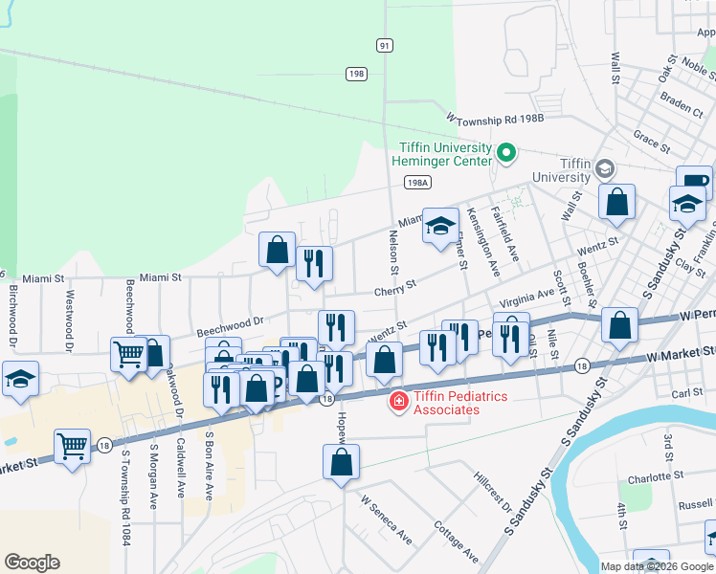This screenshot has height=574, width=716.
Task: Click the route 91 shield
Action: (384, 45)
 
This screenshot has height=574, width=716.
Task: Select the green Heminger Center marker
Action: (506, 152)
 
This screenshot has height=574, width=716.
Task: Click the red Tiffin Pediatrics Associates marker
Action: (396, 402)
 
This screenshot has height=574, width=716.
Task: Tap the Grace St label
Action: (651, 141)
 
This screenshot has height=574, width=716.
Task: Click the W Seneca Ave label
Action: (385, 519)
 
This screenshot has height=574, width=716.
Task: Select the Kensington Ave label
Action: (482, 242)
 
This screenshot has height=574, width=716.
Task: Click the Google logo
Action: (33, 563)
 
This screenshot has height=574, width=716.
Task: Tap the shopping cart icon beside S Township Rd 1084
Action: (73, 446)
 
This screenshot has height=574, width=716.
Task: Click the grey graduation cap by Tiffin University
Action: (604, 168)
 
